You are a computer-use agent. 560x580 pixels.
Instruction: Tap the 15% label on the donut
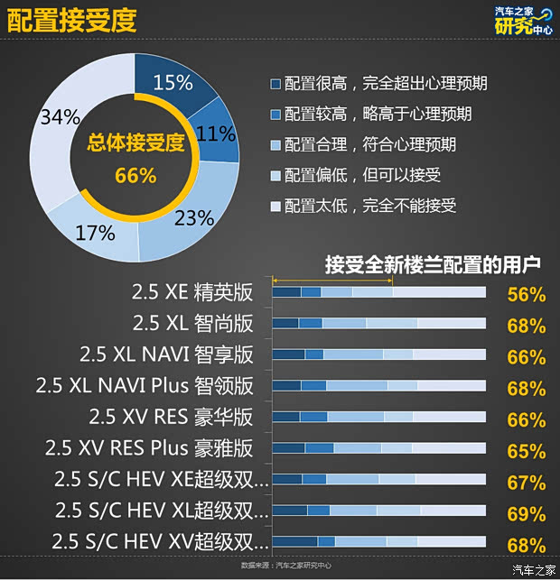[173, 83]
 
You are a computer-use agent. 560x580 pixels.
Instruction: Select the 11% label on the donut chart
[215, 134]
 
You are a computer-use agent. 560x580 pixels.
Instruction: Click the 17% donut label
[95, 232]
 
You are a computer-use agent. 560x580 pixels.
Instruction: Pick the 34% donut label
[58, 117]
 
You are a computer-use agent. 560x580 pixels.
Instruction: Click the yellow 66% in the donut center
[135, 176]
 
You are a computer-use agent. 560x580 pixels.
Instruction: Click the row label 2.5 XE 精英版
[192, 292]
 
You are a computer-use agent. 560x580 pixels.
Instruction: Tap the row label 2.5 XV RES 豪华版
[172, 417]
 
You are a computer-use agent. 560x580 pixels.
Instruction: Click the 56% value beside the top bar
[526, 294]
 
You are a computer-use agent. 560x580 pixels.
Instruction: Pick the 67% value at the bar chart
[526, 483]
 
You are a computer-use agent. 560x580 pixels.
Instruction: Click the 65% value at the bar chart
[526, 451]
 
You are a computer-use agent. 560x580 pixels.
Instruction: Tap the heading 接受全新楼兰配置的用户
[433, 264]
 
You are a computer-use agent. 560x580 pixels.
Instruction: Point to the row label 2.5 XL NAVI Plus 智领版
[145, 386]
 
